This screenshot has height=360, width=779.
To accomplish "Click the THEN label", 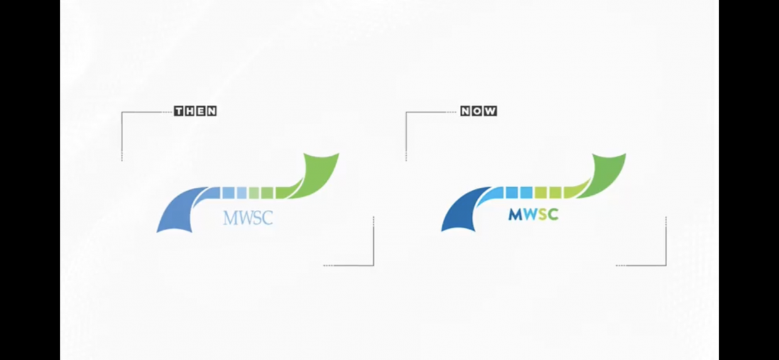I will point(195,111).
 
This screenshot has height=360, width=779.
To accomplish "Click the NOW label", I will point(479,111).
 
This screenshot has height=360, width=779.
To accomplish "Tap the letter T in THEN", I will point(180,111).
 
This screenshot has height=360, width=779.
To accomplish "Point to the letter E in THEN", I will point(201,111).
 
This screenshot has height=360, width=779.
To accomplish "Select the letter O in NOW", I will point(478,111).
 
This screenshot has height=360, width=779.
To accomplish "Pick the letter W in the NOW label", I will point(490,111).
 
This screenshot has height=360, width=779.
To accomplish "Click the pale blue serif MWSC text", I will point(248,218).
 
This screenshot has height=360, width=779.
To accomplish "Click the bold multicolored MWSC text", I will point(533,215).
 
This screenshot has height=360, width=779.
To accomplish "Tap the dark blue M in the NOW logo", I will point(515,215).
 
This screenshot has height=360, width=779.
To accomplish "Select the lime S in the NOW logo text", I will point(541,215).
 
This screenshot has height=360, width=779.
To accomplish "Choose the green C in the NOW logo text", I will point(552,215).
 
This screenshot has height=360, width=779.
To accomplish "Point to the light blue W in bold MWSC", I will point(529,215).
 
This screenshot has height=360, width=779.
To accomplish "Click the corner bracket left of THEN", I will point(123,126).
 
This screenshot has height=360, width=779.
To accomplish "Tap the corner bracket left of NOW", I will point(407,126).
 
